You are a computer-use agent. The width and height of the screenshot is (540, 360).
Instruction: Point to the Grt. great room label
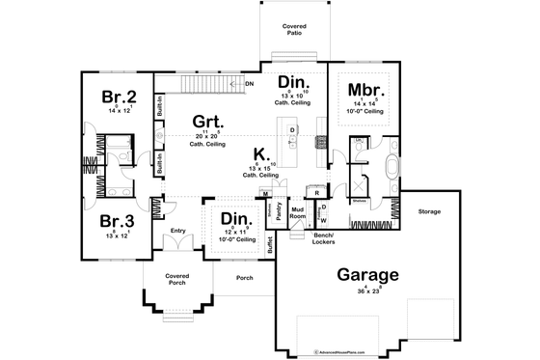[x=207, y=124]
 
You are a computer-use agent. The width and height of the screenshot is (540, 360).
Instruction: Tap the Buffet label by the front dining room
[x=270, y=244]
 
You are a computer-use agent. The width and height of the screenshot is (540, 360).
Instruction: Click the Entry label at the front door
[x=177, y=231]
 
